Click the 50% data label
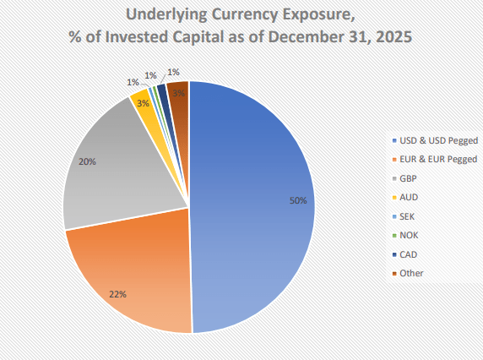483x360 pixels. [x=297, y=201]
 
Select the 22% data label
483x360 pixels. [x=117, y=294]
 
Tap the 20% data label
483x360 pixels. [x=87, y=161]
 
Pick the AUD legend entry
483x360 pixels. [x=410, y=197]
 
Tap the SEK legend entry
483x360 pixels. [x=410, y=215]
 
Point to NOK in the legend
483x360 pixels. [x=410, y=235]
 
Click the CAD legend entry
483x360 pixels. [x=410, y=254]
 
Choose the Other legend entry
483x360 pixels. [x=412, y=273]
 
